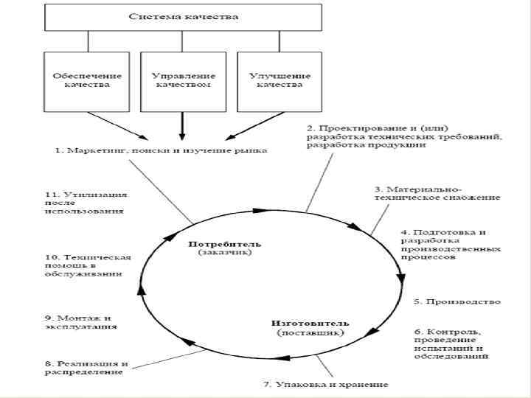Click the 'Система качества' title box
[184, 16]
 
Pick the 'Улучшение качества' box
[280, 80]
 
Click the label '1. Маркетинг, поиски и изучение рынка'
[161, 150]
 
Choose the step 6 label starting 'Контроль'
[450, 343]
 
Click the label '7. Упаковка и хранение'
[325, 385]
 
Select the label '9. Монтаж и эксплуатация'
[80, 321]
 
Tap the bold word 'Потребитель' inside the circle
[225, 243]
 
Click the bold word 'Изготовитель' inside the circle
[310, 323]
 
